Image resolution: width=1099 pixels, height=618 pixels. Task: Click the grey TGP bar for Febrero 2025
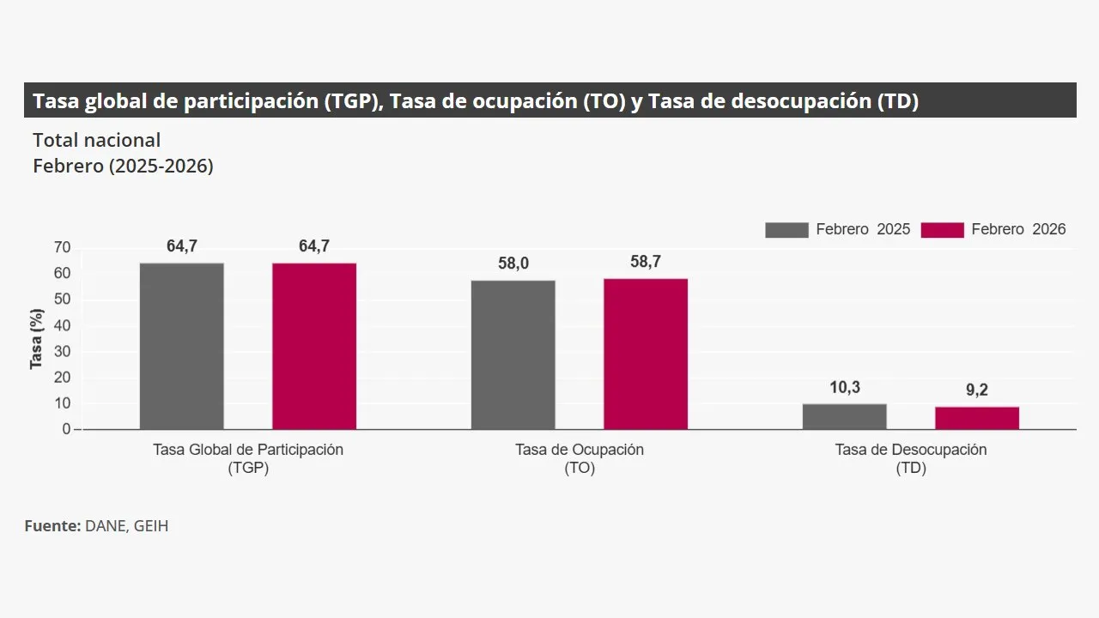(x=182, y=346)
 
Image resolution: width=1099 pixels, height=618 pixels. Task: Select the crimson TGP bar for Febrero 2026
(x=314, y=346)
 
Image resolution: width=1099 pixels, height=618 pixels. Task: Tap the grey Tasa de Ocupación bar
(x=513, y=354)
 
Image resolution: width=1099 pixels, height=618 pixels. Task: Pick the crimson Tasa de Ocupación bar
(x=646, y=354)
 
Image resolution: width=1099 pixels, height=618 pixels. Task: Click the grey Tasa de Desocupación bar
(x=845, y=416)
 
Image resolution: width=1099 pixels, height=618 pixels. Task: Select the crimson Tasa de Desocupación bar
(x=977, y=418)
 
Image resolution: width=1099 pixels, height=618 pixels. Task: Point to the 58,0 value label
(x=513, y=264)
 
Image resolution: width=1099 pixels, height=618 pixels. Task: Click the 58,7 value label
(x=646, y=262)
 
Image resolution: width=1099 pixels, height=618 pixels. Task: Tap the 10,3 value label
(x=845, y=387)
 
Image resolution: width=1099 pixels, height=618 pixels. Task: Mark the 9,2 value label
(x=977, y=391)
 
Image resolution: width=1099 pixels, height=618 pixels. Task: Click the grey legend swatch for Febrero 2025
(x=786, y=229)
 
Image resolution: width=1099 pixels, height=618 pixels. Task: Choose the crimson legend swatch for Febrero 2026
(x=942, y=229)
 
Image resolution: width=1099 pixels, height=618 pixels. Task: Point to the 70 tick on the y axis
(x=62, y=248)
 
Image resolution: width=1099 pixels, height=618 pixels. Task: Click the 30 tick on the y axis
(x=62, y=352)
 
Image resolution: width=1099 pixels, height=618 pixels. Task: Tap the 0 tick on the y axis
(x=66, y=429)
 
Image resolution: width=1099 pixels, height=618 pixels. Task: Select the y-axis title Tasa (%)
(x=37, y=338)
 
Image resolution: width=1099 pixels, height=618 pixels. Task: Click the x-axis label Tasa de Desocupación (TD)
(x=911, y=458)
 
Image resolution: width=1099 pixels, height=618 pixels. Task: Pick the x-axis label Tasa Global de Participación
(x=248, y=450)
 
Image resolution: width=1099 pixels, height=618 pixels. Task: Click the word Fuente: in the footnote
(x=52, y=525)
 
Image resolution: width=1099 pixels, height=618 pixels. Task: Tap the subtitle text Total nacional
(x=97, y=140)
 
